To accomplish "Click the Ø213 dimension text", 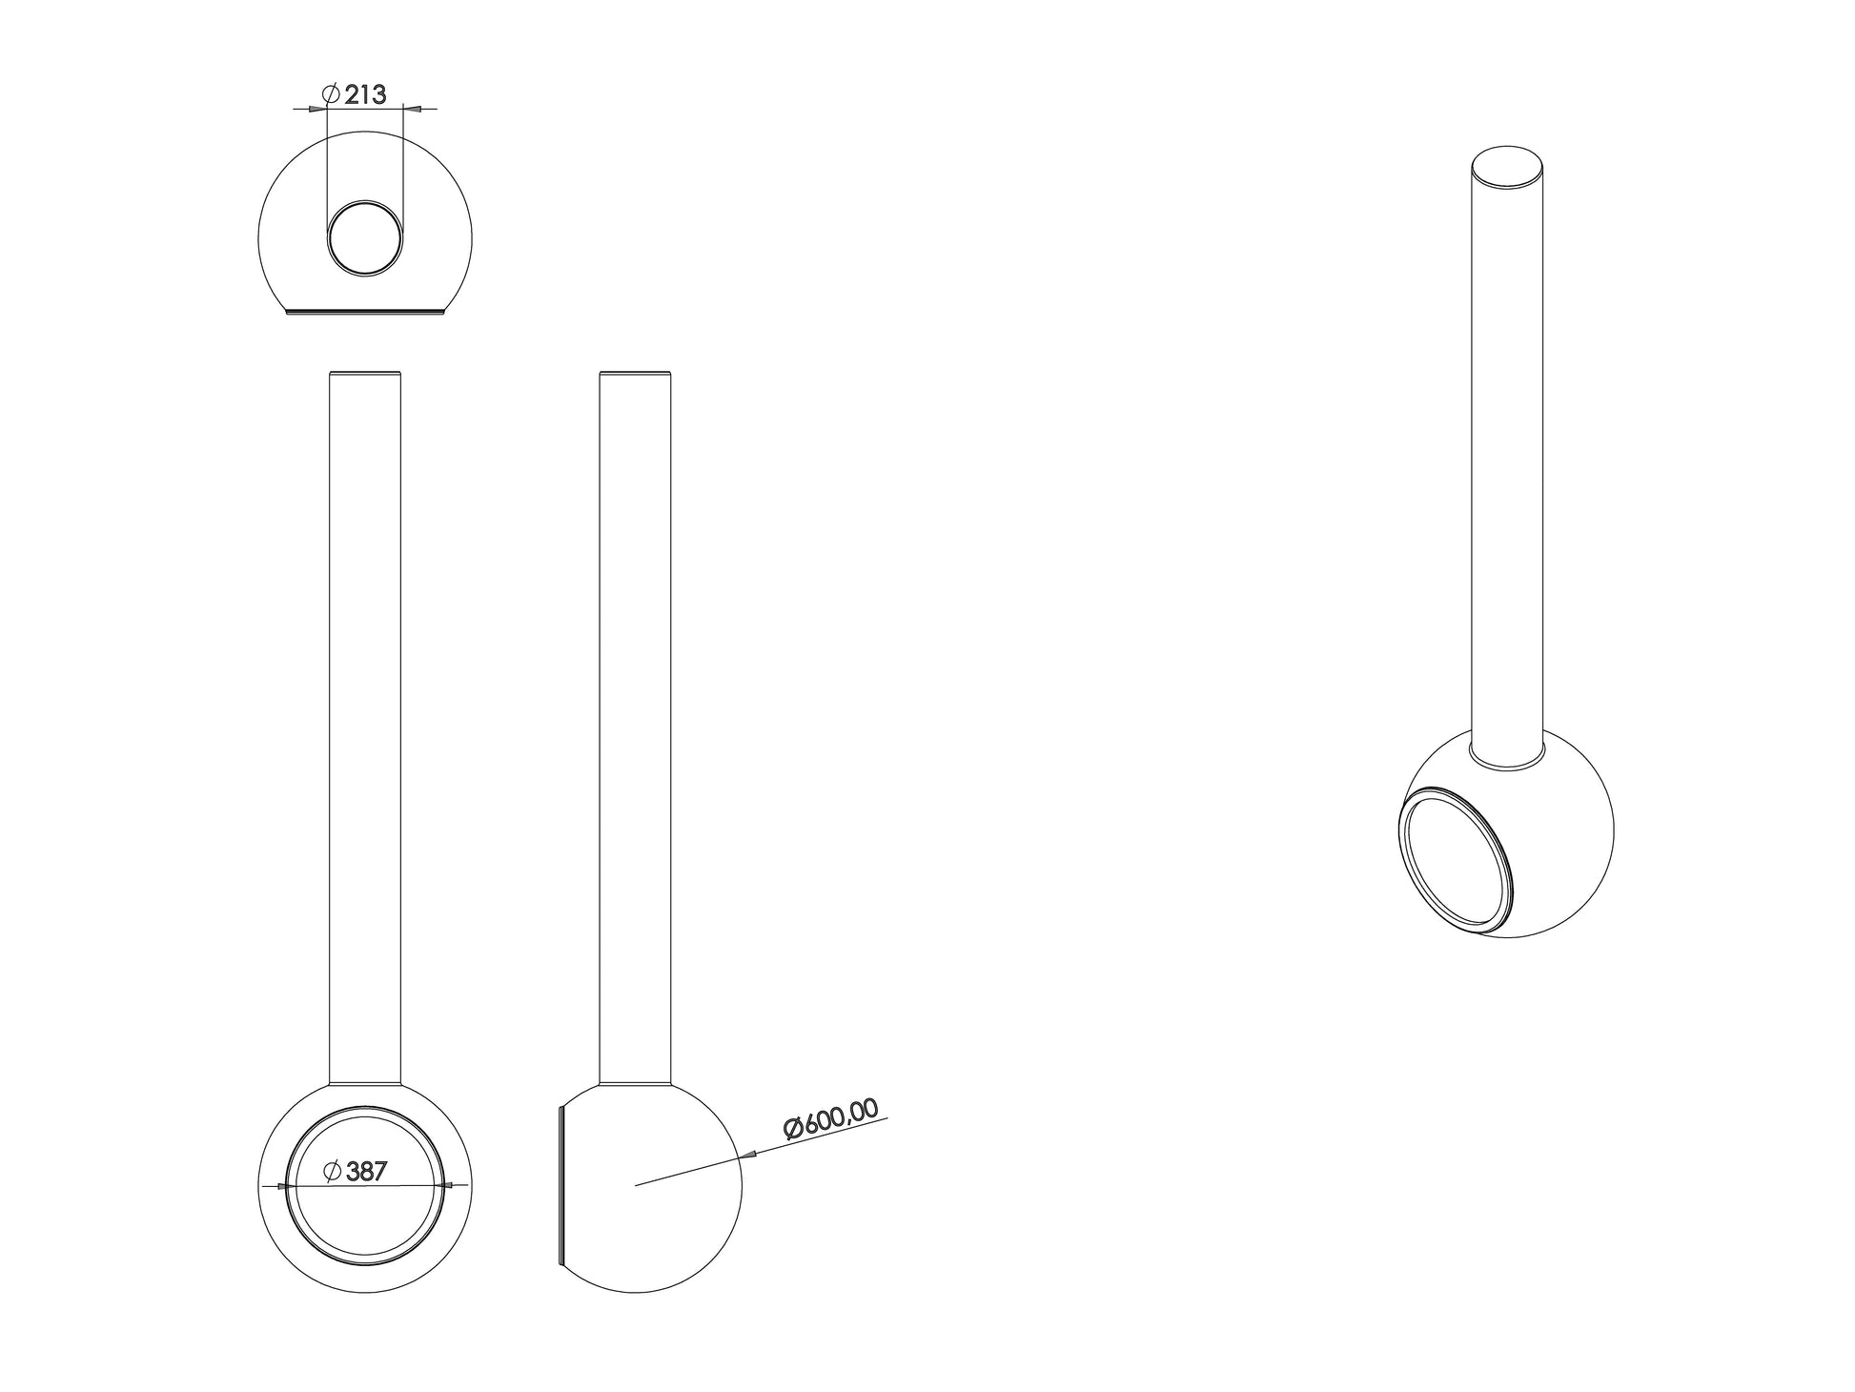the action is coord(355,94).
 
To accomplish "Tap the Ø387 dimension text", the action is coord(356,1172).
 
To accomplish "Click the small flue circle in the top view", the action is coord(364,239).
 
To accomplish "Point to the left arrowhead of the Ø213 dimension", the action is coord(318,110).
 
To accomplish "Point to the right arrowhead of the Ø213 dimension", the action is coord(410,110).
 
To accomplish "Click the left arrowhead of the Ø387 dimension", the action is coord(280,1187).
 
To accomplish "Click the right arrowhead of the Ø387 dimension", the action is coord(448,1185).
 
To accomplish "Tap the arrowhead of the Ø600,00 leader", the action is coord(749,1156).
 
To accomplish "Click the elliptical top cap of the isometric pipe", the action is coord(1507,169).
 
